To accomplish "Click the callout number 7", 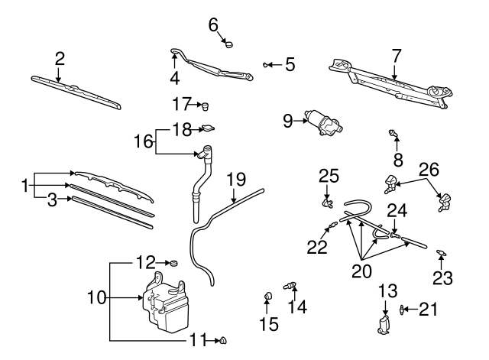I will [x=396, y=55].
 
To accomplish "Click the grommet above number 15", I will [x=267, y=294].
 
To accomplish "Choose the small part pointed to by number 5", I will [x=266, y=64].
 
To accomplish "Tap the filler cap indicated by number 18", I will [x=206, y=129].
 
